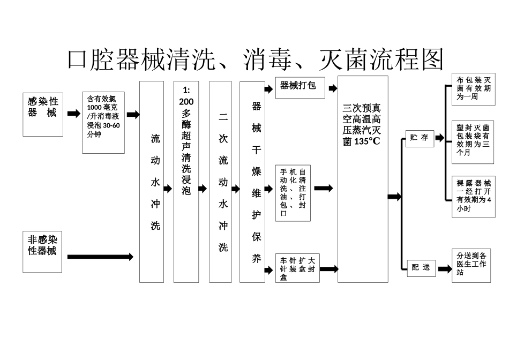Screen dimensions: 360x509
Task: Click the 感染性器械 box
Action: tap(43, 114)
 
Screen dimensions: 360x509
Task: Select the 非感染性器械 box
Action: tap(42, 252)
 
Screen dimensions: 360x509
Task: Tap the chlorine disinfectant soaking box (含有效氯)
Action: tap(103, 123)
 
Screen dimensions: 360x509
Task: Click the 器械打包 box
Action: tap(300, 87)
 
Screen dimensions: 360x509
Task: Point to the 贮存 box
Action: tap(420, 138)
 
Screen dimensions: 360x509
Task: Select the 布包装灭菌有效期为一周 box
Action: tap(473, 88)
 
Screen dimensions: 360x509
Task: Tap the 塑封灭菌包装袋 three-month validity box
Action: tap(473, 141)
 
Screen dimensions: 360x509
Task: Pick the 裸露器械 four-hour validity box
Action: tap(473, 196)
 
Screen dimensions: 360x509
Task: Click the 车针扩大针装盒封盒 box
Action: tap(297, 268)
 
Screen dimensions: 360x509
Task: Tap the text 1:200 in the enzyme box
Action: tap(186, 96)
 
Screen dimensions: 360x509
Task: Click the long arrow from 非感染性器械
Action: tap(100, 257)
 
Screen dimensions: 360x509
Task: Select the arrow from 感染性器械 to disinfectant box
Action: tap(73, 114)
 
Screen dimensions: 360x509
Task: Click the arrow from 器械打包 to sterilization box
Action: tap(332, 88)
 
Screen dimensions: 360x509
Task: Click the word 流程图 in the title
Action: tap(409, 59)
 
